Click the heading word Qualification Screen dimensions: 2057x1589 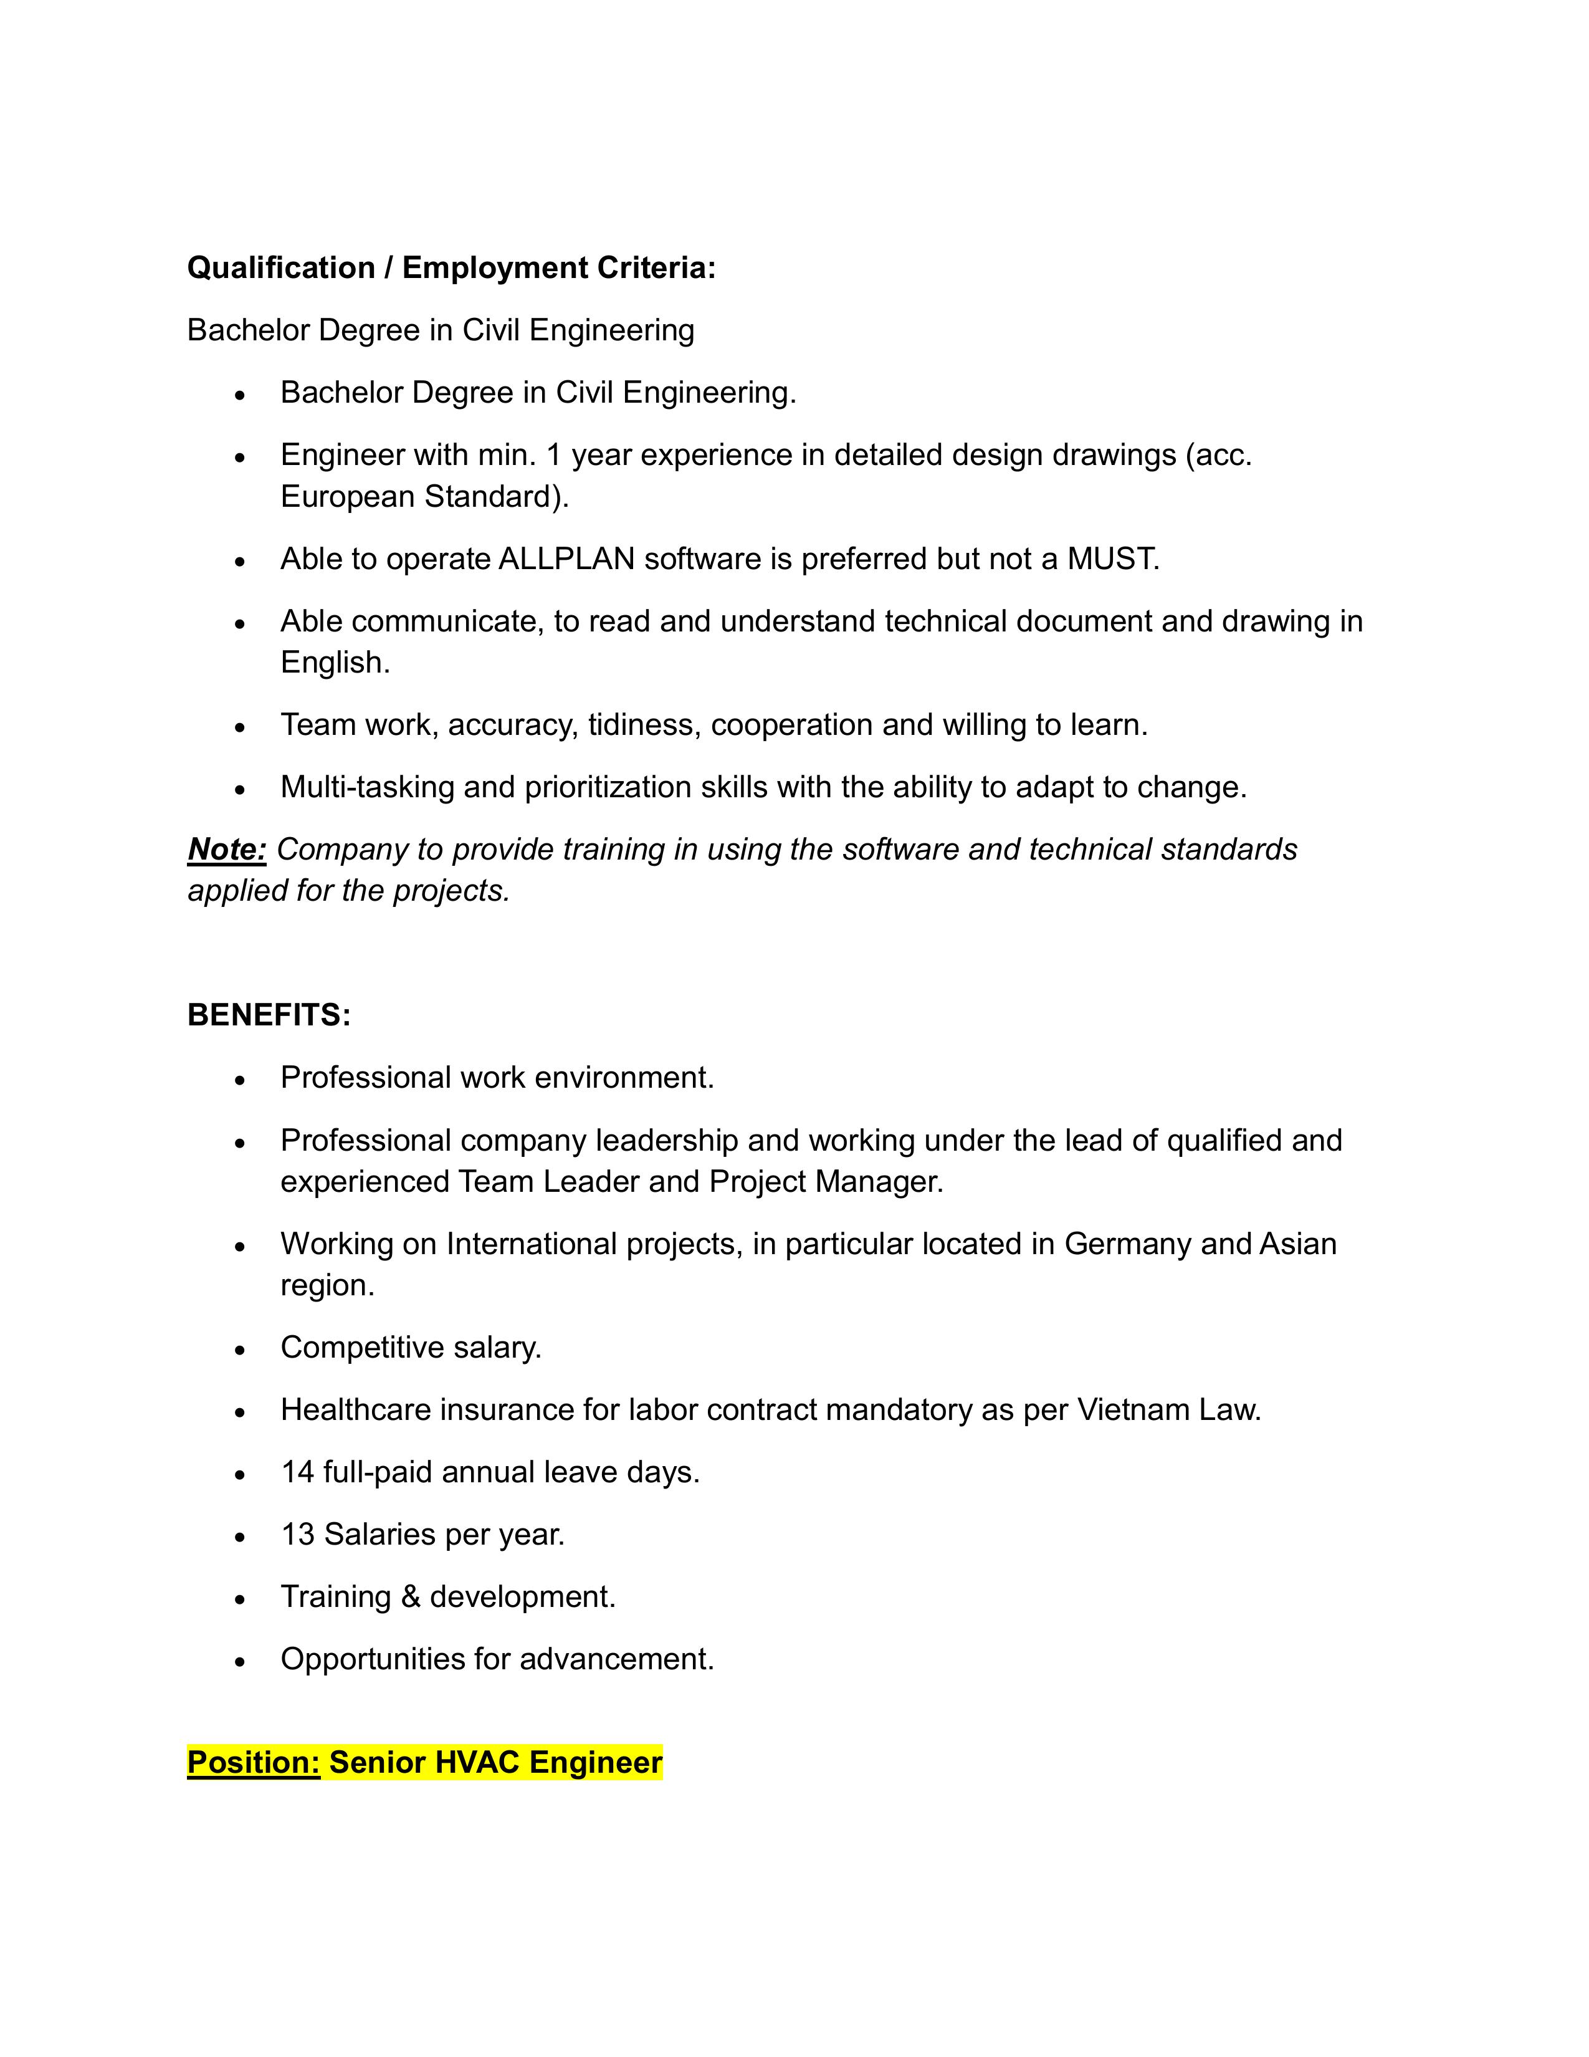(280, 269)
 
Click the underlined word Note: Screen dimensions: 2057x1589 (227, 850)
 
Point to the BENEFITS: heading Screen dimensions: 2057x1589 (269, 1015)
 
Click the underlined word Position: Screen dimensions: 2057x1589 (253, 1762)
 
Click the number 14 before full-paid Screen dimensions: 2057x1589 (297, 1472)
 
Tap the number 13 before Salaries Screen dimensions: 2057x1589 (297, 1534)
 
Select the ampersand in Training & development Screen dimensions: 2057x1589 (409, 1596)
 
